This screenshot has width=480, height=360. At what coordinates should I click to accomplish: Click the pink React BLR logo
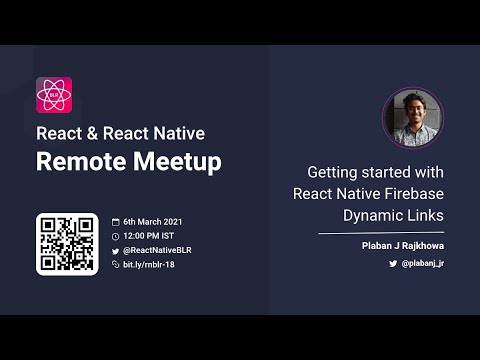54,95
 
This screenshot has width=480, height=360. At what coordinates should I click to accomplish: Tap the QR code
67,244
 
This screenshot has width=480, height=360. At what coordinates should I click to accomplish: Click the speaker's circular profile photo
412,118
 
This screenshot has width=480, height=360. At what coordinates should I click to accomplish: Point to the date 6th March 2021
152,221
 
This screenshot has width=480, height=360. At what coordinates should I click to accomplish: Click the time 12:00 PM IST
150,235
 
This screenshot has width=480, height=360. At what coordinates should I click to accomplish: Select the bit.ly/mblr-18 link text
149,264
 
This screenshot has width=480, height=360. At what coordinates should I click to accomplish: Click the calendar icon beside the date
115,221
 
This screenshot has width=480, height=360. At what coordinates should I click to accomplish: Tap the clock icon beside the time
115,235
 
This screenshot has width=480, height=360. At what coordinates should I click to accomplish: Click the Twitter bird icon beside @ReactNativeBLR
115,250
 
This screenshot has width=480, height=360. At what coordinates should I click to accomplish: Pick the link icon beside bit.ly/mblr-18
115,264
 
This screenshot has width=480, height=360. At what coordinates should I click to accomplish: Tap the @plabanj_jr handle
422,262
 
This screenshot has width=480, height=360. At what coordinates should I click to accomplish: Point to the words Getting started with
375,171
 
